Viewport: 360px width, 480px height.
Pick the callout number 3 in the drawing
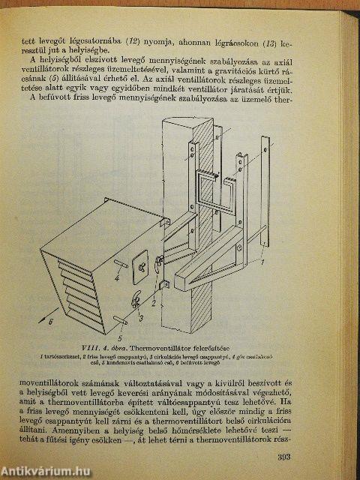[140, 318]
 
